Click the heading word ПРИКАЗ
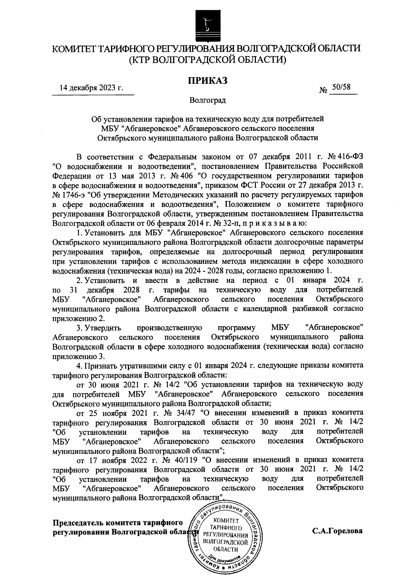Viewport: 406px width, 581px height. [x=207, y=81]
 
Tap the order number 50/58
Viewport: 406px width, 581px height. [x=341, y=87]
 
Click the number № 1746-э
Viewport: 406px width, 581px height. [x=70, y=195]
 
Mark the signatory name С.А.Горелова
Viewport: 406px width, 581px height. [x=337, y=531]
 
